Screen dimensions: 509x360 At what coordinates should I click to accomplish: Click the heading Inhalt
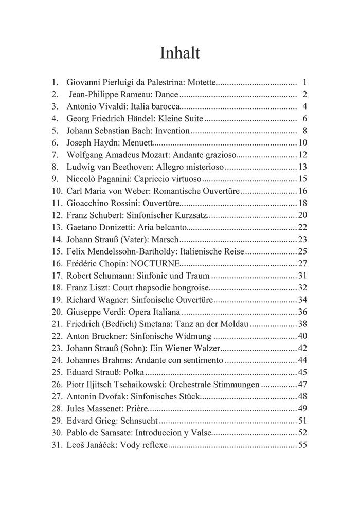(179, 53)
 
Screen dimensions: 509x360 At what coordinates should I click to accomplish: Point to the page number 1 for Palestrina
(305, 82)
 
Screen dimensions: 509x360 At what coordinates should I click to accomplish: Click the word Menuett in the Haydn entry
(138, 143)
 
